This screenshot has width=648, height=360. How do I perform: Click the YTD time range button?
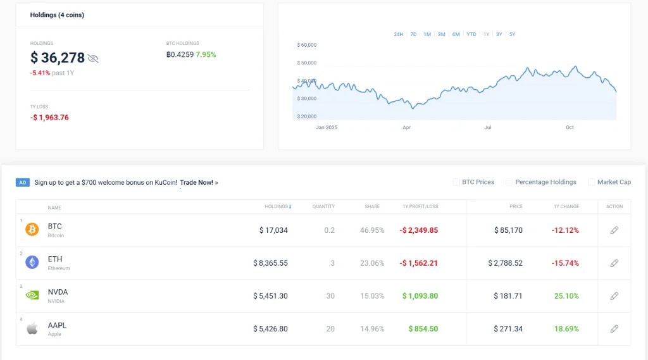point(471,34)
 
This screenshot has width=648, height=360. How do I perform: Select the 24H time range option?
point(398,34)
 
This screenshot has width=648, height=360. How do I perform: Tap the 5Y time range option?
point(512,34)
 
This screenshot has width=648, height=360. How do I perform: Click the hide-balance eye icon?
point(93,58)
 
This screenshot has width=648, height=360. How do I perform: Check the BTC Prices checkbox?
point(456,182)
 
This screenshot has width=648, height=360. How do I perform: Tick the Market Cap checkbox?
point(592,182)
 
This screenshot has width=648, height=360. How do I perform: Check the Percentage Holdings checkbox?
point(509,182)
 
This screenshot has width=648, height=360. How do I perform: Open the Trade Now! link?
point(196,182)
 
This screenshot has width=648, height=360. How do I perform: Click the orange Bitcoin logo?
point(32,230)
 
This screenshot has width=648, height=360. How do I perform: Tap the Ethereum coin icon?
point(32,263)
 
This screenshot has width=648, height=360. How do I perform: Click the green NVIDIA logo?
point(32,295)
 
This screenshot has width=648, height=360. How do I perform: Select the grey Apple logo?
point(32,328)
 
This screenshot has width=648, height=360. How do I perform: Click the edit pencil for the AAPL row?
point(614,329)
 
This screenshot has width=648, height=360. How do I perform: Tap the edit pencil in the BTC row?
point(614,230)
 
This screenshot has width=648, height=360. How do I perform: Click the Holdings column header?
point(278,207)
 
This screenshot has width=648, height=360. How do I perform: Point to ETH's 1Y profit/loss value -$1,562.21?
point(419,263)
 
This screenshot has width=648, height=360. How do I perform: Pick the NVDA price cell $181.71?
point(508,296)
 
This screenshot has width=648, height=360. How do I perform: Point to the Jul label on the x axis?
point(488,127)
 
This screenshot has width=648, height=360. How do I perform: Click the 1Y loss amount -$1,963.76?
point(49,118)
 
